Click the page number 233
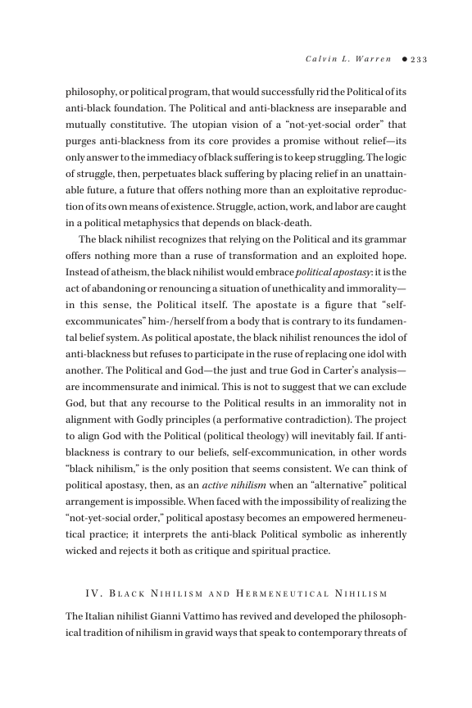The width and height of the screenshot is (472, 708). [x=420, y=59]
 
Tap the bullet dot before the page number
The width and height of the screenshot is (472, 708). [x=404, y=59]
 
